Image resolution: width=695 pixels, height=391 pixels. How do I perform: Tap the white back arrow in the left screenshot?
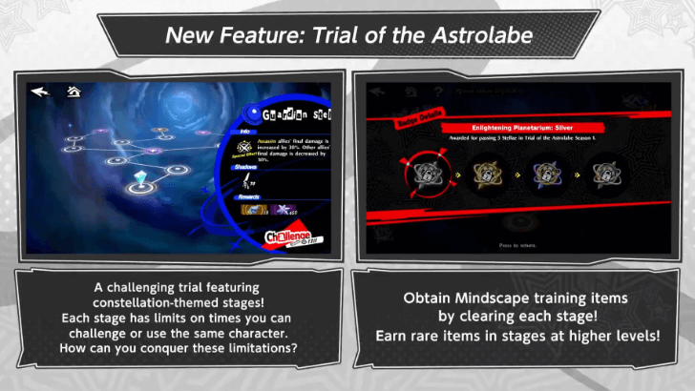click(x=40, y=93)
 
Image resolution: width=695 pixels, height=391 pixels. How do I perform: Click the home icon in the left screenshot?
click(x=73, y=93)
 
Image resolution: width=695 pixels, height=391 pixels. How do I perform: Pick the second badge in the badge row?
click(x=486, y=176)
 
